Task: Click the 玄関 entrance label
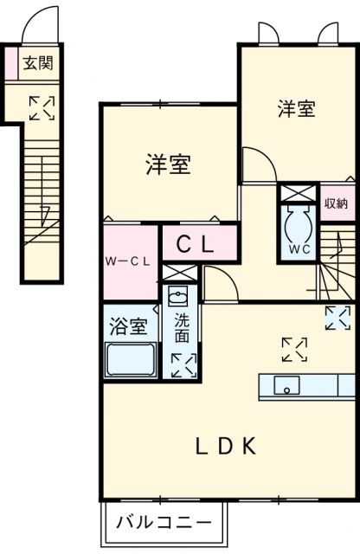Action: coord(37,63)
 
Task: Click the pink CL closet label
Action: coord(196,245)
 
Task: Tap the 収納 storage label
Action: coord(336,203)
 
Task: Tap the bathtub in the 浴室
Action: coord(131,359)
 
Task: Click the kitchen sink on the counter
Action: coord(286,386)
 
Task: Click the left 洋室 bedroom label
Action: coord(169,164)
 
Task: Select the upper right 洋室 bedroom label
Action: coord(297,109)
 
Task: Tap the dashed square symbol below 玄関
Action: coord(42,107)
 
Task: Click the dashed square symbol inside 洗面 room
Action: coord(183,364)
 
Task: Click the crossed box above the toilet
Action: coord(296,192)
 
